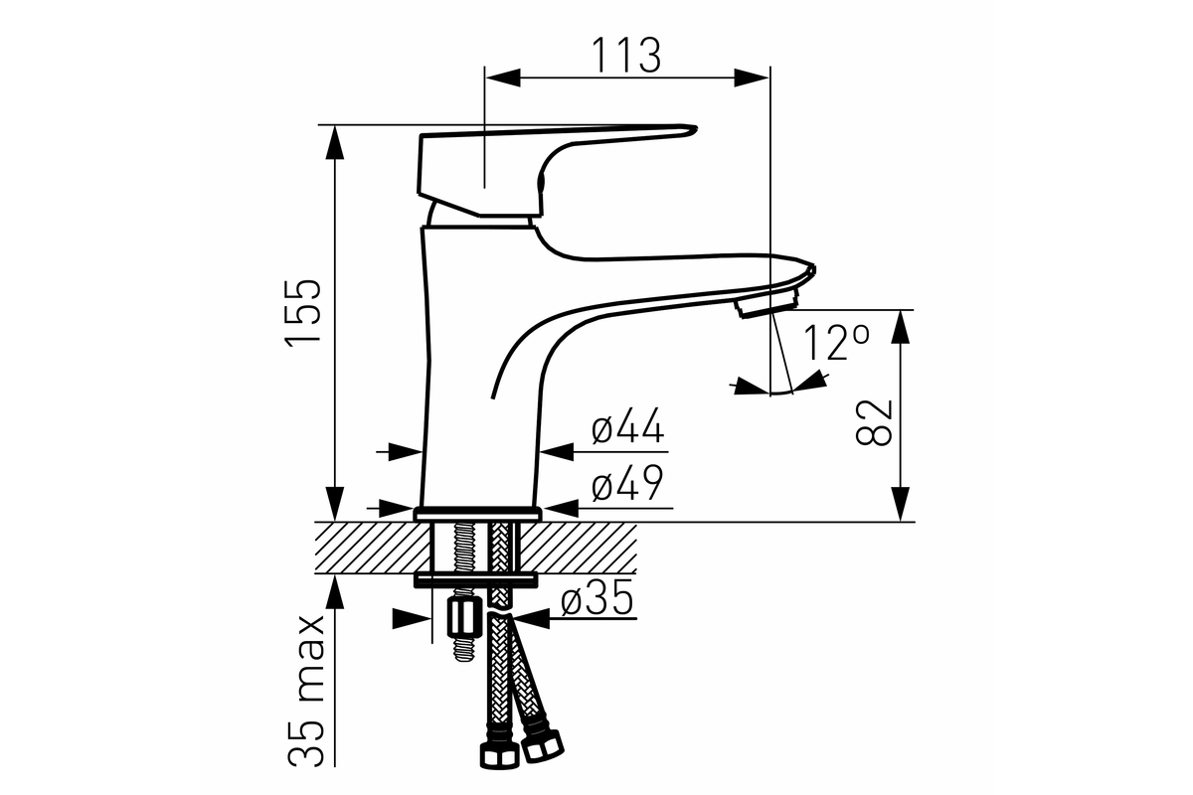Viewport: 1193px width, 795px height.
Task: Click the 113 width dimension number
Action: tap(626, 55)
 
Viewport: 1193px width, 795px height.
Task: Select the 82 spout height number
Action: tap(873, 422)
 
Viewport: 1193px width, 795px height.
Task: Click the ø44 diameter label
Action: tap(628, 425)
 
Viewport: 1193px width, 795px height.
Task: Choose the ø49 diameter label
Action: tap(628, 482)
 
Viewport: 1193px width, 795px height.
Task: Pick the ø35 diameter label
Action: tap(597, 596)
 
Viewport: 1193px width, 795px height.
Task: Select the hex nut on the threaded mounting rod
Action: tap(464, 619)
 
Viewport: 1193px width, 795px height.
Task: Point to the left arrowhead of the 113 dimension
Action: tap(503, 78)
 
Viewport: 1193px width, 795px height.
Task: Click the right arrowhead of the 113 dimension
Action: tap(752, 78)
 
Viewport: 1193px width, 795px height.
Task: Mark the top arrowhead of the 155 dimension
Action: tap(334, 143)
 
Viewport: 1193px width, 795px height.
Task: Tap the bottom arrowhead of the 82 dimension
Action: tap(900, 504)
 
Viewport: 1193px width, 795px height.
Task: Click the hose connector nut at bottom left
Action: tap(499, 756)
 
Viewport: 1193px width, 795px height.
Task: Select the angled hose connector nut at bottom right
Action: tap(542, 746)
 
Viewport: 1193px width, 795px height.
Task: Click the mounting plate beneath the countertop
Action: tap(475, 580)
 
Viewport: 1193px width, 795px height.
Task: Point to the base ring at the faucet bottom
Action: tap(478, 515)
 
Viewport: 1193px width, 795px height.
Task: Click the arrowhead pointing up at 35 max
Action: tap(334, 592)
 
